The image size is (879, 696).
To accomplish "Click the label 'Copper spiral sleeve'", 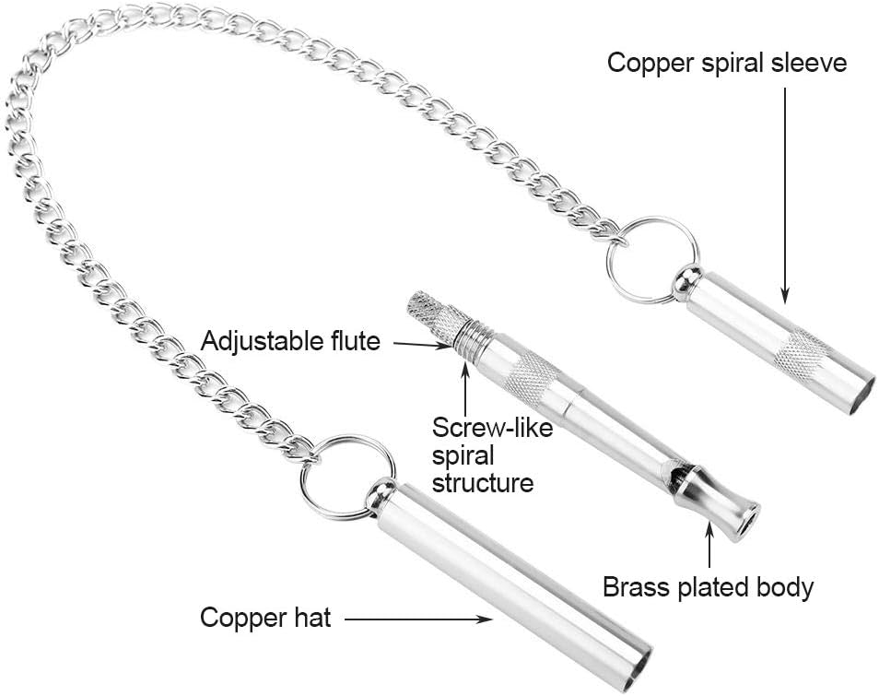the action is tap(727, 63).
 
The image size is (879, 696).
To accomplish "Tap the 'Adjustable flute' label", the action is tap(290, 341).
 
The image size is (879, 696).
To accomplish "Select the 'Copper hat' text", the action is tap(265, 618).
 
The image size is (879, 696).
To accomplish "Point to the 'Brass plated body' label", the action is tap(708, 587).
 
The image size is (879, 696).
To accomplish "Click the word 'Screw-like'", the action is tap(492, 428).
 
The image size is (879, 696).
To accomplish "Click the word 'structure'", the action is tap(483, 483).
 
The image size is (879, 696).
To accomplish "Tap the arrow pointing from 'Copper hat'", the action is tap(418, 619).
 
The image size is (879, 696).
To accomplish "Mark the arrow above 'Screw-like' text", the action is tap(465, 386).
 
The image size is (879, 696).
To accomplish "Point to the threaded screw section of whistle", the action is tap(473, 340).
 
